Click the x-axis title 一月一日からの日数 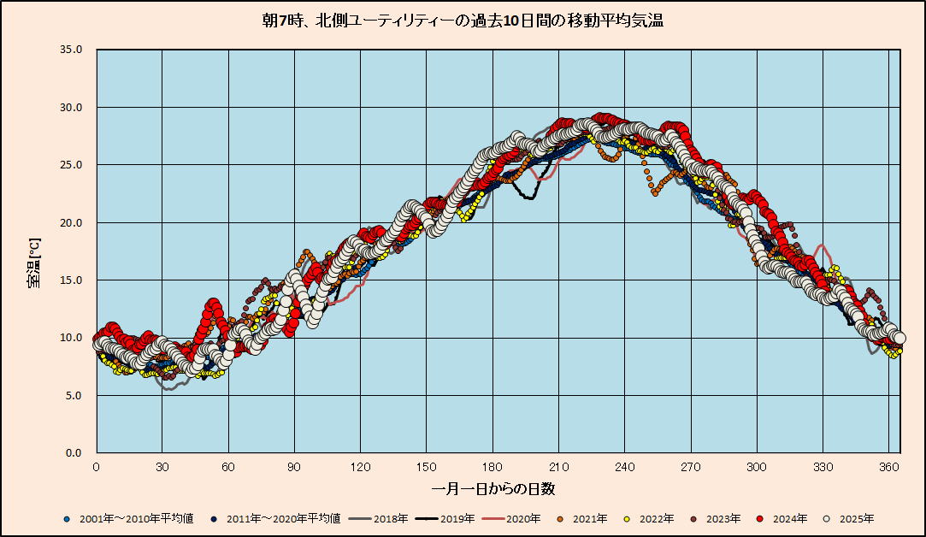(x=493, y=489)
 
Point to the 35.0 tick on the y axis (x=71, y=50)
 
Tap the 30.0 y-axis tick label (x=71, y=108)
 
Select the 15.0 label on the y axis (x=71, y=280)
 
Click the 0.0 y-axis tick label (x=74, y=453)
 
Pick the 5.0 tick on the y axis (x=74, y=396)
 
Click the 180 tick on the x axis (x=492, y=467)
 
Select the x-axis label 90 (x=294, y=467)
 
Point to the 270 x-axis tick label (x=690, y=467)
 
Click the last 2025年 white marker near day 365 (x=899, y=338)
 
